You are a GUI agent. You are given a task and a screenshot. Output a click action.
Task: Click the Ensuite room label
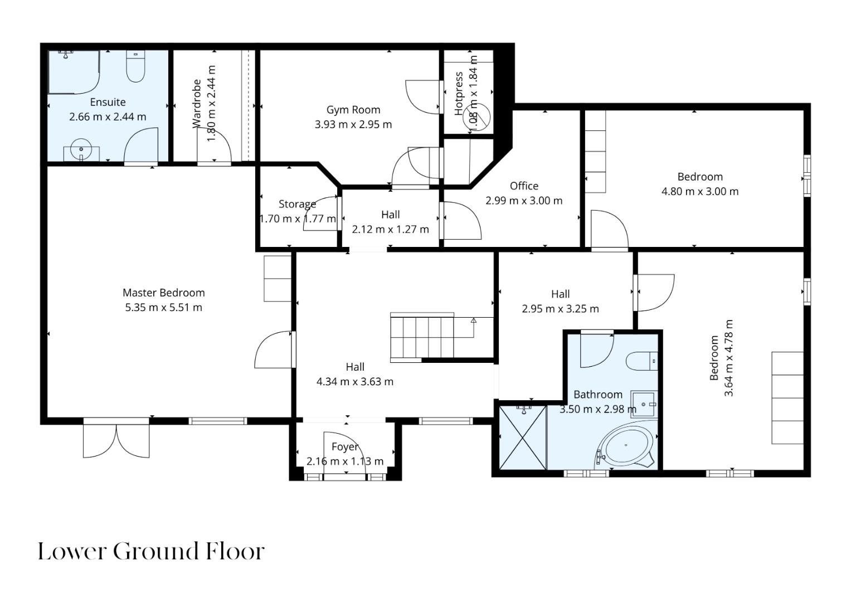click(x=108, y=102)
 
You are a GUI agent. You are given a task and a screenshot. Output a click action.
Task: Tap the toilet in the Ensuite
click(x=135, y=66)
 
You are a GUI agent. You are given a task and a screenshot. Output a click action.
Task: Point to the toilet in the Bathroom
click(x=642, y=361)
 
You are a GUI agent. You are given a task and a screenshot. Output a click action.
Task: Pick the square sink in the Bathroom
click(x=644, y=404)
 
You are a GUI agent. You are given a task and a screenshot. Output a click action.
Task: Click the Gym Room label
click(x=353, y=110)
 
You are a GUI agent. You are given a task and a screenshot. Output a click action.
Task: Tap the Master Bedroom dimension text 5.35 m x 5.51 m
click(x=164, y=308)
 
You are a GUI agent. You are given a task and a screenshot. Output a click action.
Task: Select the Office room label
click(x=524, y=186)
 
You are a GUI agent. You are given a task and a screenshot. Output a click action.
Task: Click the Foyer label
click(x=345, y=447)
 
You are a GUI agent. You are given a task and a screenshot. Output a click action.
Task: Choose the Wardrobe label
click(x=197, y=104)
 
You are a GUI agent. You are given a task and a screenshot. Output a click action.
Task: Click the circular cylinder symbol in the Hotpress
click(x=477, y=116)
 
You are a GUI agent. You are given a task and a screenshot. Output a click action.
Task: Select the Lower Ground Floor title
click(x=151, y=551)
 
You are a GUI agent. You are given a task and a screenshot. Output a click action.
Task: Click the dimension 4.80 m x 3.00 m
click(x=700, y=192)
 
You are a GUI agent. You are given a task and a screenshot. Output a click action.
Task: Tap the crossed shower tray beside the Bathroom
click(x=523, y=438)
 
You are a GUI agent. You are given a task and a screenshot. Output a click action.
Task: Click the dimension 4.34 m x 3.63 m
click(x=355, y=382)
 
